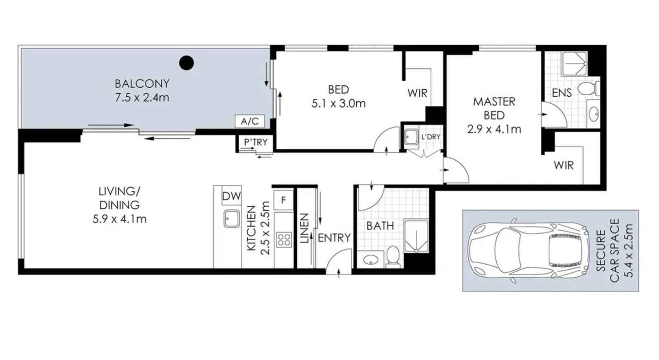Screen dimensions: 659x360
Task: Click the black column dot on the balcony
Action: pyautogui.click(x=186, y=63)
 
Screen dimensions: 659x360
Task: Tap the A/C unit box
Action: pyautogui.click(x=250, y=121)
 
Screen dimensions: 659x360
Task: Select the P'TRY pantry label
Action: pyautogui.click(x=256, y=142)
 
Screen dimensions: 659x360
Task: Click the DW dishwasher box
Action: pyautogui.click(x=232, y=195)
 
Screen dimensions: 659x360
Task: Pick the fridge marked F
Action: pyautogui.click(x=284, y=200)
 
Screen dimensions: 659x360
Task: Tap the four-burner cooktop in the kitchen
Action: pyautogui.click(x=284, y=239)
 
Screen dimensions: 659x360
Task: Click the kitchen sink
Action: pyautogui.click(x=232, y=219)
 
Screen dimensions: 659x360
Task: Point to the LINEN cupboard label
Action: pyautogui.click(x=304, y=228)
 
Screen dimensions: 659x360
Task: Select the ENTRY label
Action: pyautogui.click(x=334, y=238)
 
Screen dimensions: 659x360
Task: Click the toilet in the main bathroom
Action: pyautogui.click(x=393, y=256)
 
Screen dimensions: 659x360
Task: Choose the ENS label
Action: pyautogui.click(x=561, y=93)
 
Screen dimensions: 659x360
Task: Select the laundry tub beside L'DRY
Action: pyautogui.click(x=411, y=137)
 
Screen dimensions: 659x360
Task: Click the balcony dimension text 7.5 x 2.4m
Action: pyautogui.click(x=142, y=98)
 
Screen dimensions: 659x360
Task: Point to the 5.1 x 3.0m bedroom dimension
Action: pyautogui.click(x=339, y=104)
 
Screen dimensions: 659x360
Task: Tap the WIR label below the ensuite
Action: pyautogui.click(x=564, y=165)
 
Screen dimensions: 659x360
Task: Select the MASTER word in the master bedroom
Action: pyautogui.click(x=494, y=102)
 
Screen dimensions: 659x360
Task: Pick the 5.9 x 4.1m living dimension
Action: pyautogui.click(x=119, y=219)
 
